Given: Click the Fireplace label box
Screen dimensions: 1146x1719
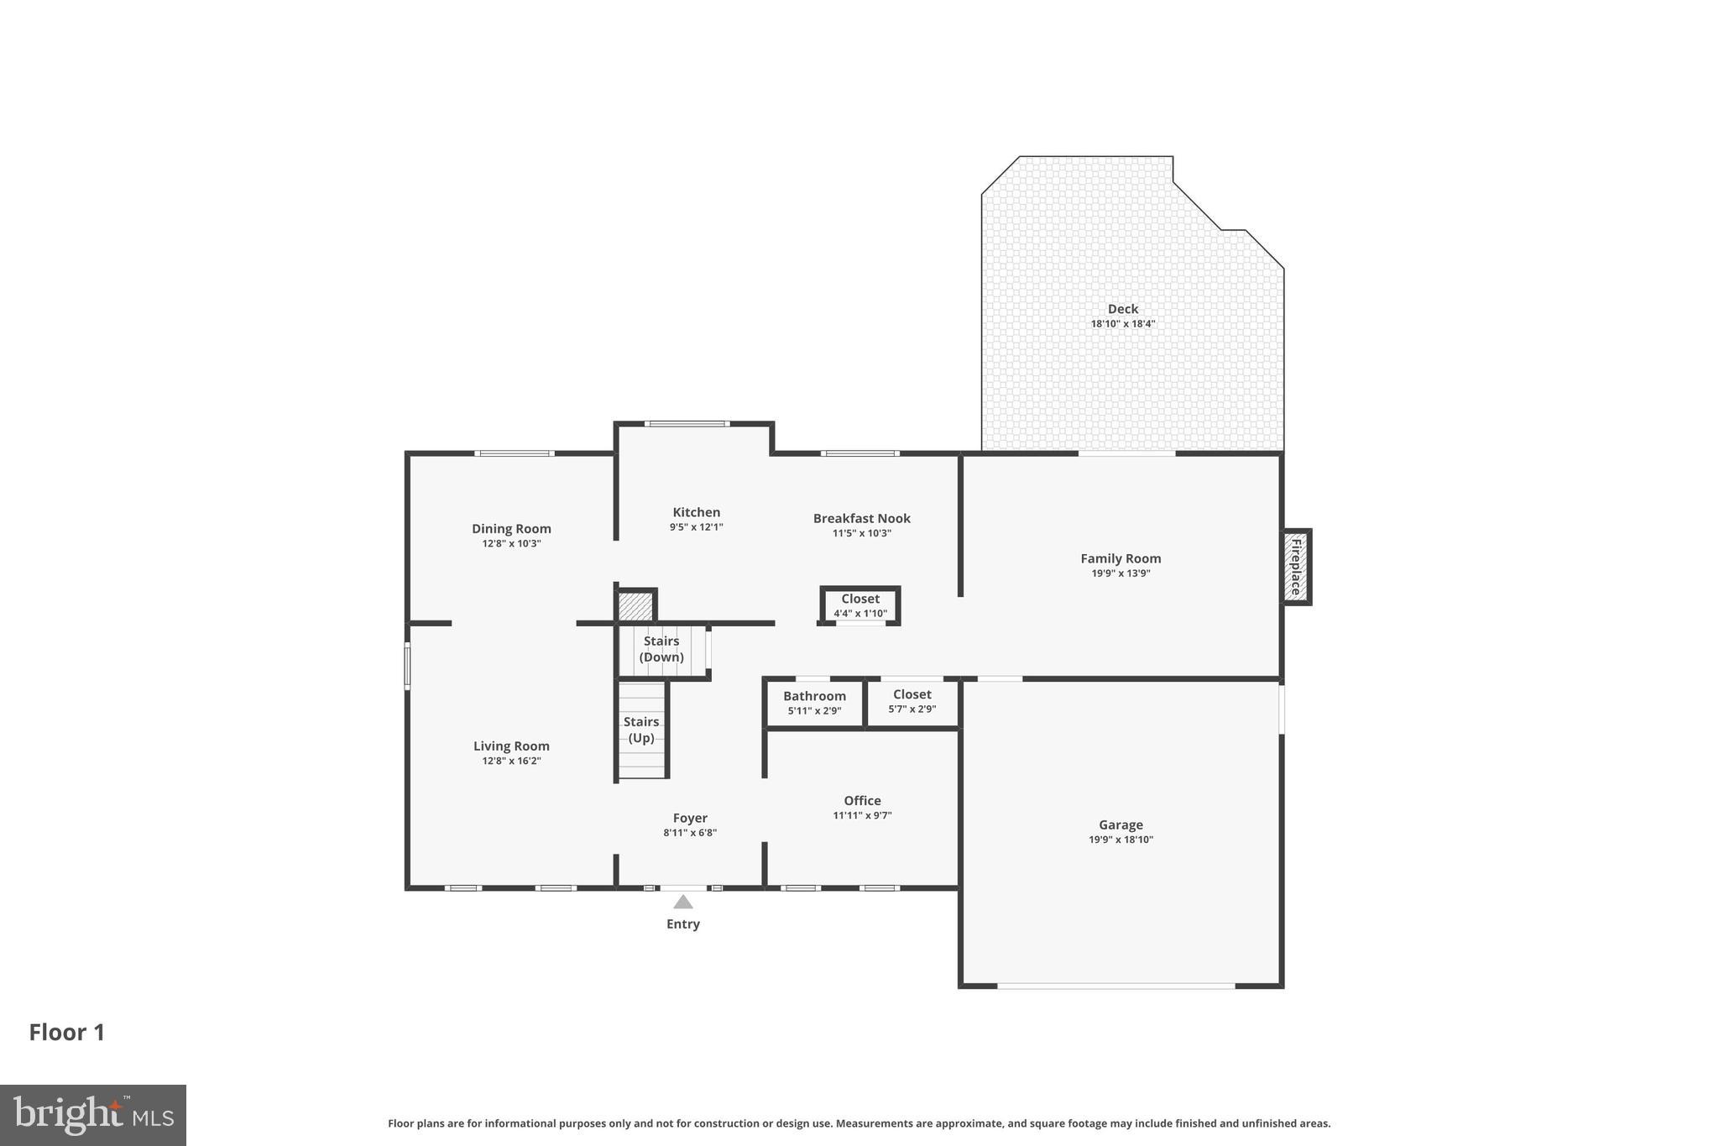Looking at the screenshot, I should tap(1296, 567).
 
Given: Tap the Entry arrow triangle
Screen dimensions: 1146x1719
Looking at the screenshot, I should tap(683, 902).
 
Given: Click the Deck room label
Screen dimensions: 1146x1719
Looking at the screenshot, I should tap(1122, 309).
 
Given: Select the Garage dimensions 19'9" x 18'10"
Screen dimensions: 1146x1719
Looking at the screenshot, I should tap(1121, 840).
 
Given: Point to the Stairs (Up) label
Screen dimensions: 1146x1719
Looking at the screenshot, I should tap(641, 730).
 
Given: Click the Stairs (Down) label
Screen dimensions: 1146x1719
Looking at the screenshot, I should tap(661, 649).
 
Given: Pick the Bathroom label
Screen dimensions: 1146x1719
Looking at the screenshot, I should tap(814, 696).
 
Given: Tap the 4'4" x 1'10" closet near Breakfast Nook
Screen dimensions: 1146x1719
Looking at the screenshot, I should tap(860, 605).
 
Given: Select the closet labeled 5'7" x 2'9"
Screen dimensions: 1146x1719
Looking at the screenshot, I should tap(912, 701).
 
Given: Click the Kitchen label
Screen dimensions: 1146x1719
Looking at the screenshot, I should tap(696, 512).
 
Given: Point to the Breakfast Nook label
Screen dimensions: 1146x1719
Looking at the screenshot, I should tap(861, 518).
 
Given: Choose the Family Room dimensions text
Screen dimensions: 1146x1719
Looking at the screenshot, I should tap(1121, 573).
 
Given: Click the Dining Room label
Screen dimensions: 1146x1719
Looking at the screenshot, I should tap(511, 528).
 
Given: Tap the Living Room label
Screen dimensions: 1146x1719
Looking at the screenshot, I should tap(511, 746).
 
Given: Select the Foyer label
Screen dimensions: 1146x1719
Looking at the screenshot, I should tap(690, 818).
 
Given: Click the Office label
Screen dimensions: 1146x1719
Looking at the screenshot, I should tap(862, 800).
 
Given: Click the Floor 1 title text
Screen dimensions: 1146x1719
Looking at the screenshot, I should tap(67, 1032).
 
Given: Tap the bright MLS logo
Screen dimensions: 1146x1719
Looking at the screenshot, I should tap(92, 1115).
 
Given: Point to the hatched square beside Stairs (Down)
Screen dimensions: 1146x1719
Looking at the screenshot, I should tap(635, 606).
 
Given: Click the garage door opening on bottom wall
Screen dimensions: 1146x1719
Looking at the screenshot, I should tap(1116, 986).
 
